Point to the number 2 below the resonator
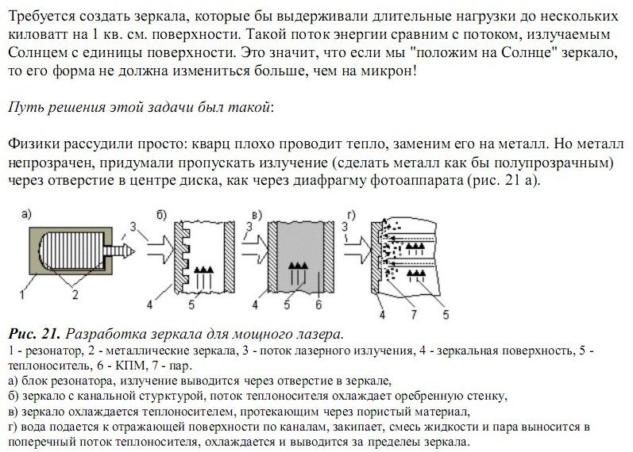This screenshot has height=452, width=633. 75,294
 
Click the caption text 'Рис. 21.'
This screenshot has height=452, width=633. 31,332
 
